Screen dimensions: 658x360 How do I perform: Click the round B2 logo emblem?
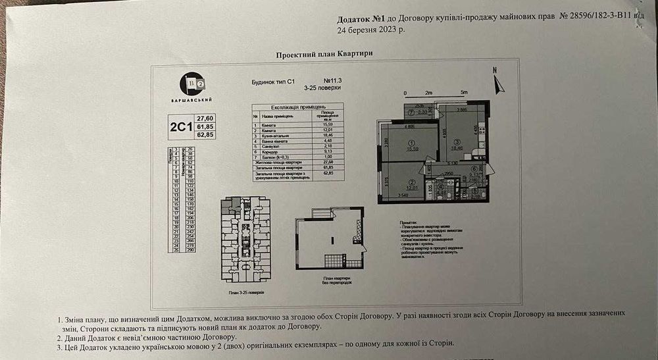coord(192,84)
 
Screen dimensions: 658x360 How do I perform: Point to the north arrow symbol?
coord(498,84)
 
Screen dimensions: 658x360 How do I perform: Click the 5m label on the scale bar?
coord(463,93)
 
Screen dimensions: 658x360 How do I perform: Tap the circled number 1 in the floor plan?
coord(412,143)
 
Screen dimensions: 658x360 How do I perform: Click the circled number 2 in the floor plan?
coord(412,182)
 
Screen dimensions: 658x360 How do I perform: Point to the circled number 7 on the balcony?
coord(411,112)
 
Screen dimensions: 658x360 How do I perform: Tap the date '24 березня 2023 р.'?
coord(371,30)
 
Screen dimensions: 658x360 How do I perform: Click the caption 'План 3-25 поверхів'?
coord(247,290)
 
